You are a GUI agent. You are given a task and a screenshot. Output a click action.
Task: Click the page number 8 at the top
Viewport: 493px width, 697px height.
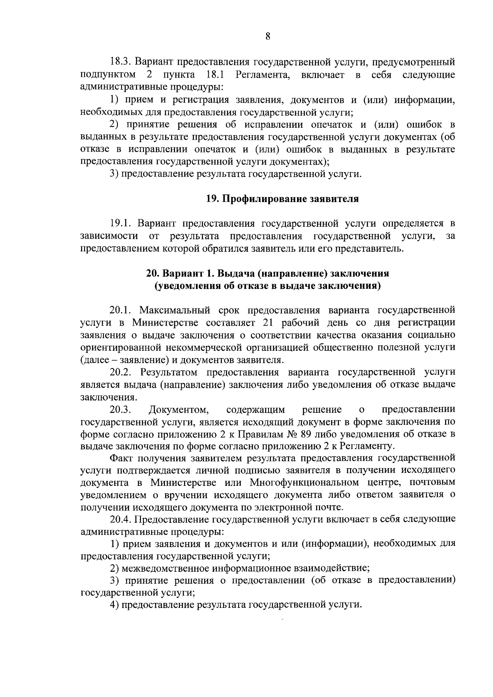click(x=268, y=37)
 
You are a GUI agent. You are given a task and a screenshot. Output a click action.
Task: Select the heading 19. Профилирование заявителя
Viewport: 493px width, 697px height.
click(x=282, y=199)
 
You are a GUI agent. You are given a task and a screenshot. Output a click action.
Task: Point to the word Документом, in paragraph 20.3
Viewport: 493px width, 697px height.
click(x=179, y=409)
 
